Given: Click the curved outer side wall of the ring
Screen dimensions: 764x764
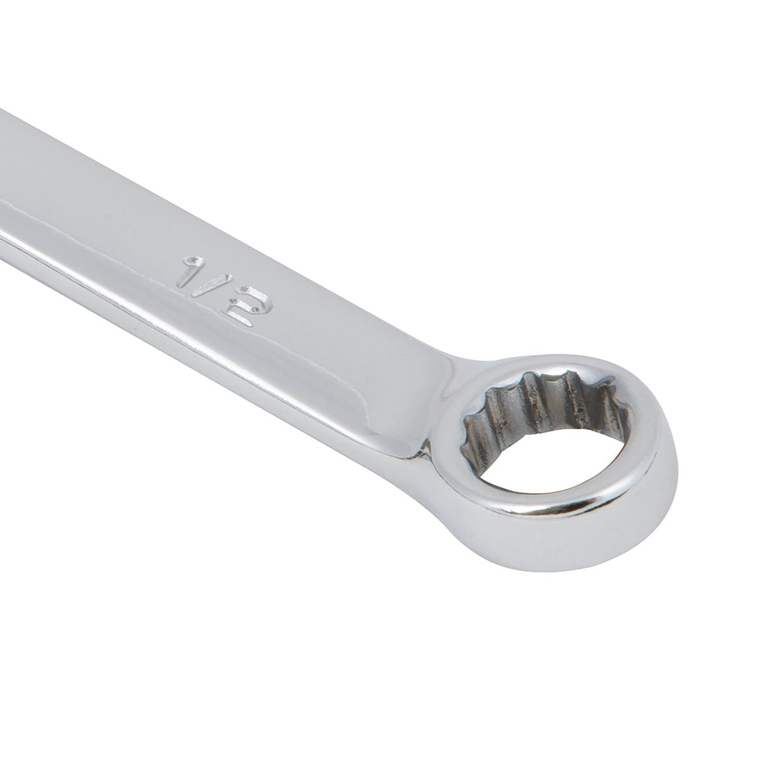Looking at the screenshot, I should [573, 554].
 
